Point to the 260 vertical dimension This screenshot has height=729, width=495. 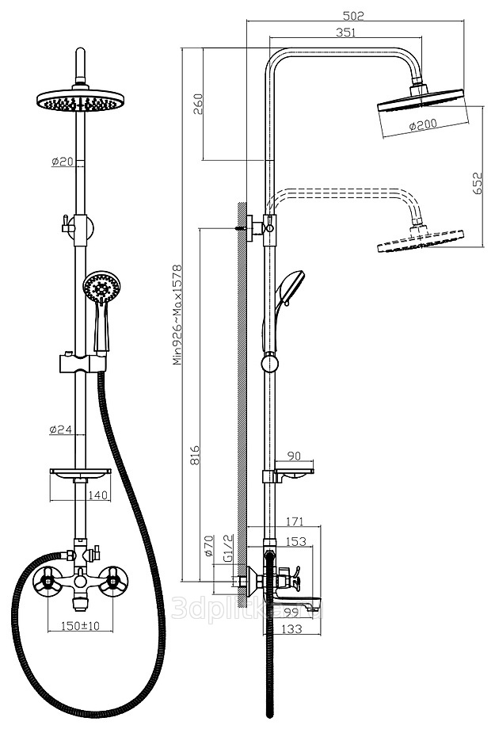point(198,104)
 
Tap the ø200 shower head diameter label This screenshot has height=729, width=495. point(423,126)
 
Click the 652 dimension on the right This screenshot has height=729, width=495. point(478,185)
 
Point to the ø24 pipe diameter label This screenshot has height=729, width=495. point(61,430)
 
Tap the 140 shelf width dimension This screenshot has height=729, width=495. point(98,495)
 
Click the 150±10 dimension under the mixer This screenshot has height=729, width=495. point(80,627)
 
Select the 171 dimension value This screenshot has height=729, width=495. point(295,521)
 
